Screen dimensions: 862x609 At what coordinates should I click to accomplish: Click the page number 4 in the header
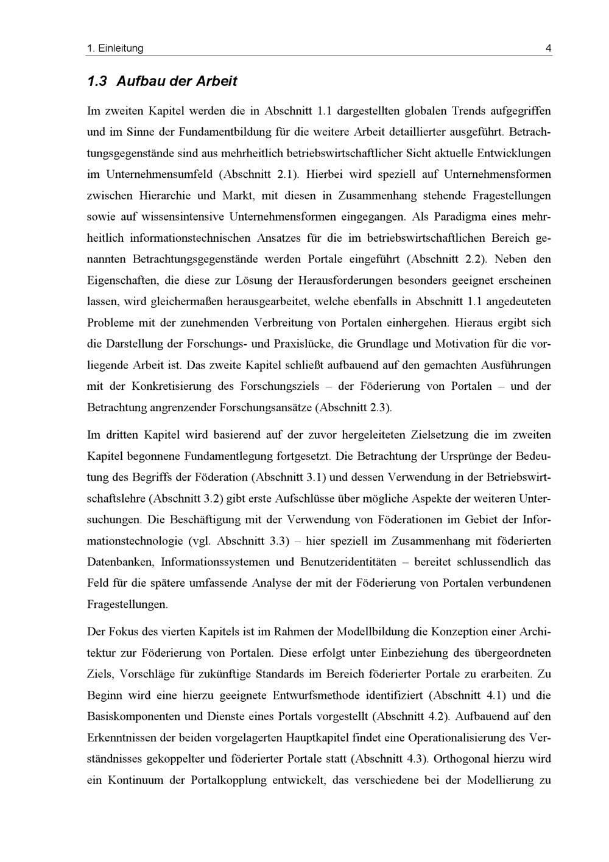(x=549, y=48)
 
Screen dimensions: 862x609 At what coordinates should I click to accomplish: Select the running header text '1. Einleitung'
(x=115, y=48)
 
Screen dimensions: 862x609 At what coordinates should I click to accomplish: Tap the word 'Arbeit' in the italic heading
(x=216, y=80)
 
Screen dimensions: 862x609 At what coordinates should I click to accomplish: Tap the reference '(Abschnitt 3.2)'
(x=186, y=498)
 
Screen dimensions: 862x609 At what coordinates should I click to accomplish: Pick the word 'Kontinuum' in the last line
(x=135, y=780)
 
